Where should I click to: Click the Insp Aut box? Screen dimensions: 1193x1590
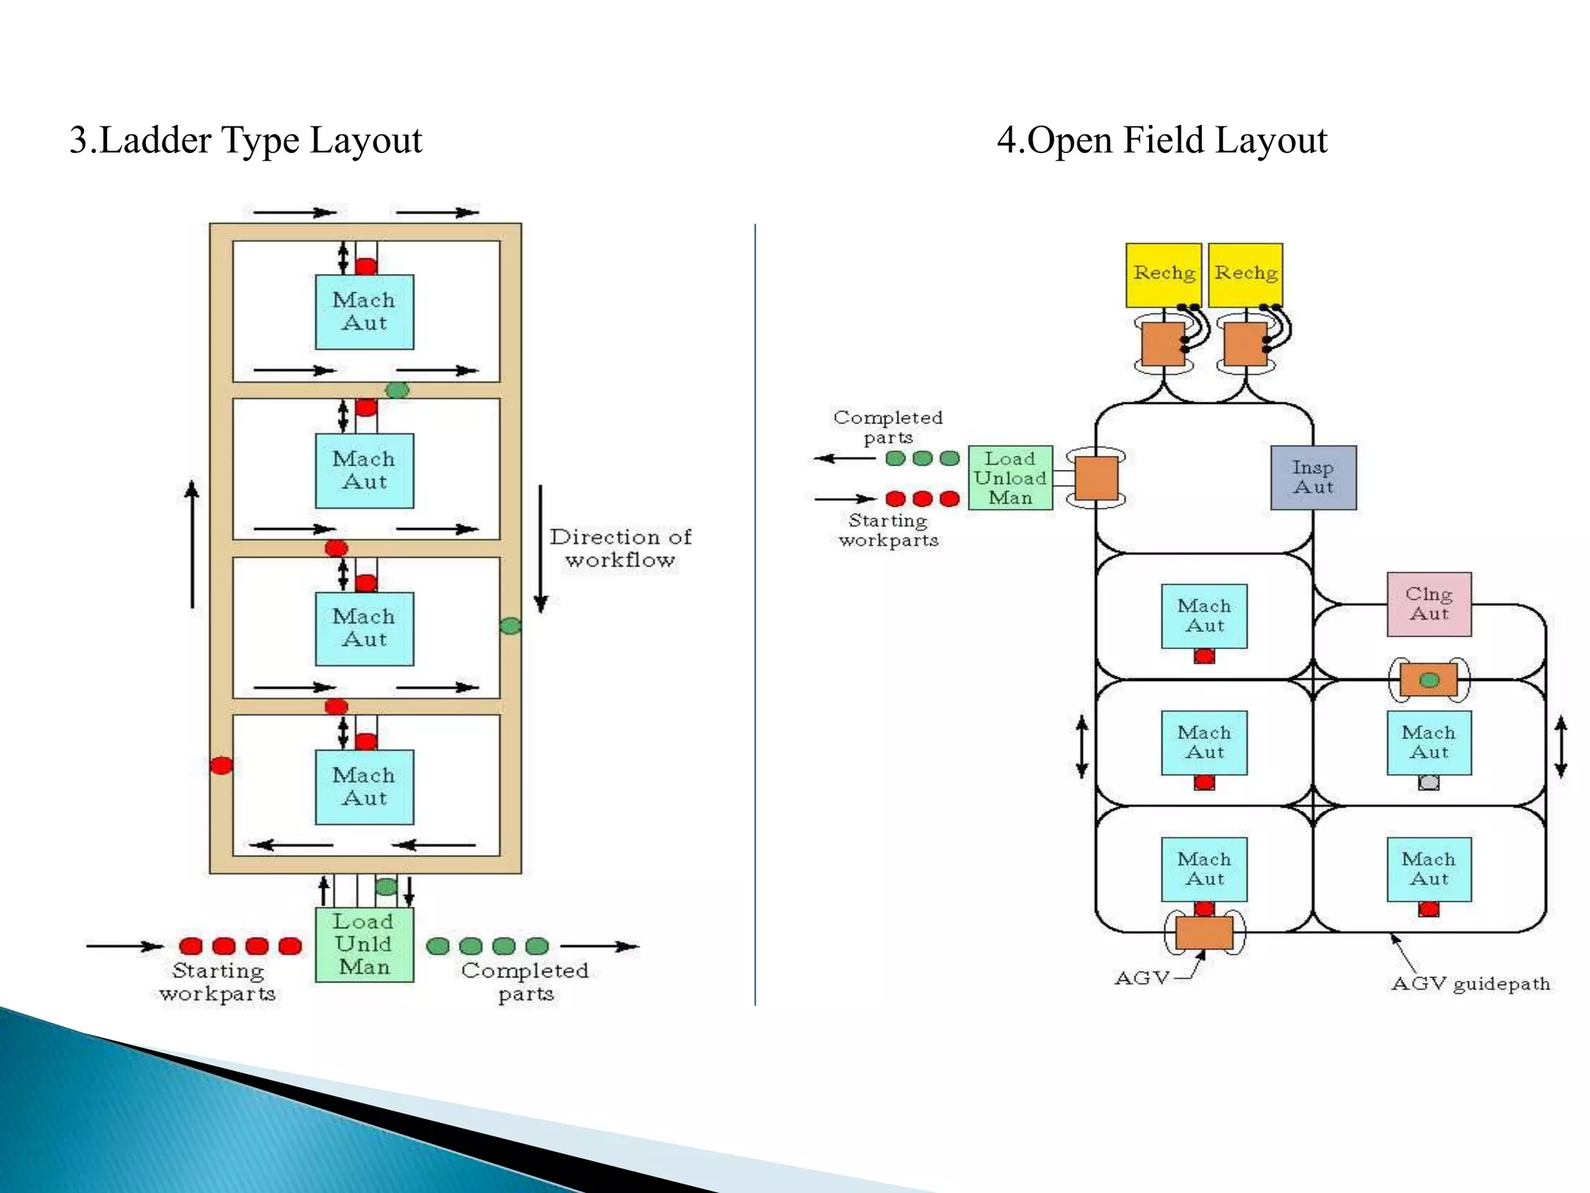[x=1313, y=478]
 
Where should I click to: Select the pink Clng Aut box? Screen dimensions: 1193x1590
[x=1429, y=604]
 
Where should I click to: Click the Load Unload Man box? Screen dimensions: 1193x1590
[x=1010, y=478]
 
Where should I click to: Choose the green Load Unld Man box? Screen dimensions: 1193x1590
[x=364, y=944]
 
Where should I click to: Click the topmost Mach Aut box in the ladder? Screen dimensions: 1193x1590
[x=364, y=311]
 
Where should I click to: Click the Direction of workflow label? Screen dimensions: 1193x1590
[x=620, y=548]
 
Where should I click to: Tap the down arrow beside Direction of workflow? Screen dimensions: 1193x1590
[x=541, y=548]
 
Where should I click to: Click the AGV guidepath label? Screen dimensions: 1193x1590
[x=1470, y=984]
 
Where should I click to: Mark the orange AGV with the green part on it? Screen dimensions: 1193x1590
[x=1429, y=680]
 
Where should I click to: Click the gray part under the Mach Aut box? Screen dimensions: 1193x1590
[x=1429, y=783]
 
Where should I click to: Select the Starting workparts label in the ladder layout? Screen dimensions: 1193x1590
[x=218, y=982]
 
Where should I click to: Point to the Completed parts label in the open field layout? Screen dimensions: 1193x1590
[x=888, y=427]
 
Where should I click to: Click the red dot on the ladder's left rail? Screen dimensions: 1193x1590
[x=221, y=766]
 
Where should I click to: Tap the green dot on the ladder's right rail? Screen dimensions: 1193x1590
[x=510, y=625]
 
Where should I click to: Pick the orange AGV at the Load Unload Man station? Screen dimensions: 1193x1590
[x=1096, y=478]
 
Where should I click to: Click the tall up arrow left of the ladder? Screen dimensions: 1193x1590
[x=193, y=544]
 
